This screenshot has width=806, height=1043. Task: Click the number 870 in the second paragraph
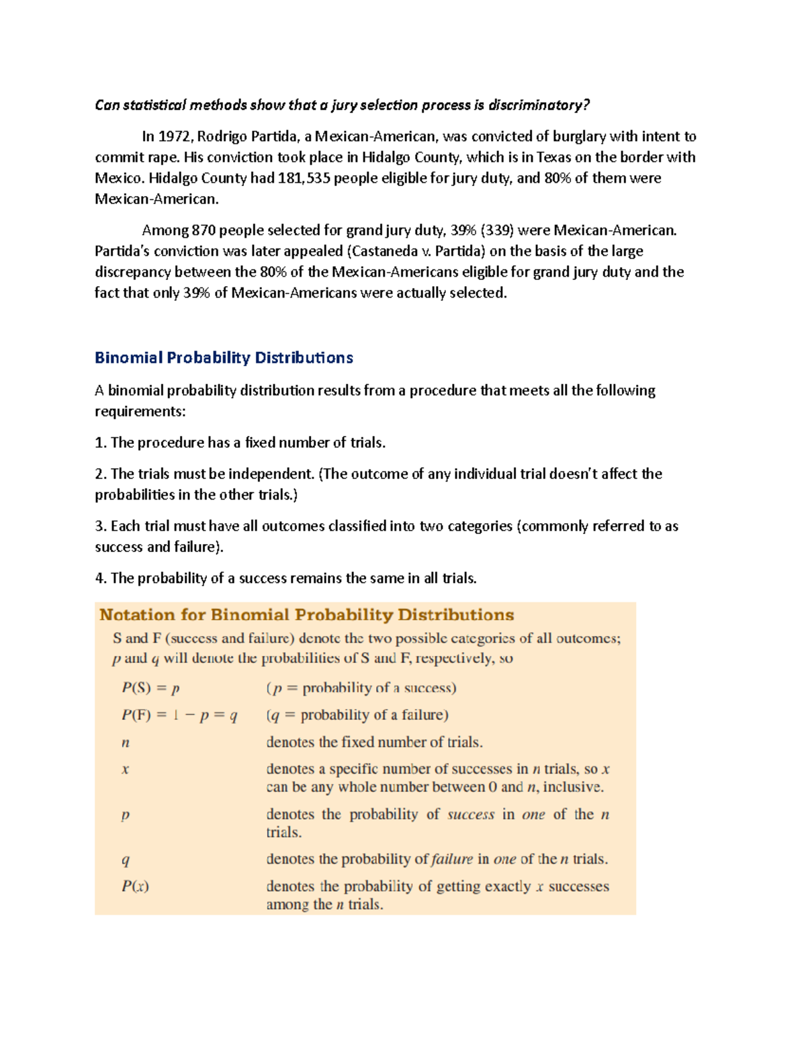coord(204,230)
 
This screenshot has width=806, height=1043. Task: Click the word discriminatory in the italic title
coord(539,105)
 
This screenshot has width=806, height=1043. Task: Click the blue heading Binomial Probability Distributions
coord(224,358)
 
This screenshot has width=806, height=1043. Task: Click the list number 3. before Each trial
coord(101,527)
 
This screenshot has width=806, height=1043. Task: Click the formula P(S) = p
coord(150,688)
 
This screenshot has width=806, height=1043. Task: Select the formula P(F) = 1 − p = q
coord(179,715)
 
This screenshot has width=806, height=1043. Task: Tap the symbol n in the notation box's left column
coord(126,743)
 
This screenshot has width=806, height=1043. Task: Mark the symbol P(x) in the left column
coord(135,887)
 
